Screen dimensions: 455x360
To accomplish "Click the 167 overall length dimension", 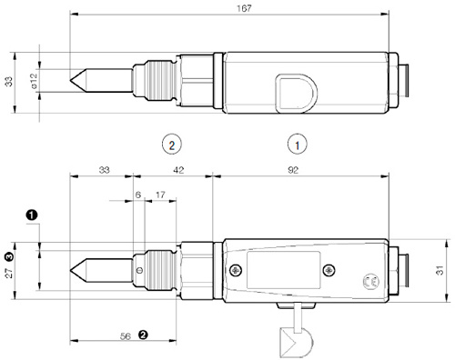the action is [x=244, y=8].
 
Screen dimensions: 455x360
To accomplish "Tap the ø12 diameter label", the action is [x=34, y=81].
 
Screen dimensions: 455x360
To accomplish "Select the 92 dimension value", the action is [x=293, y=170].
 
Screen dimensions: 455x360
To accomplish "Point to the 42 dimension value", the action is [x=178, y=170].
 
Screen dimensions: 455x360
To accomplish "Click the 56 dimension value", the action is [x=126, y=336].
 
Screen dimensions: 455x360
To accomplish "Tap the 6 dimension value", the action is [x=138, y=195].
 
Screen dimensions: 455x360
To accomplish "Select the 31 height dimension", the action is [x=440, y=270].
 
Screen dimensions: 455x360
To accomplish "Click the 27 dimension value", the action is [x=9, y=273].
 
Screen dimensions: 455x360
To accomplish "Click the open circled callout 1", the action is [x=298, y=145].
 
